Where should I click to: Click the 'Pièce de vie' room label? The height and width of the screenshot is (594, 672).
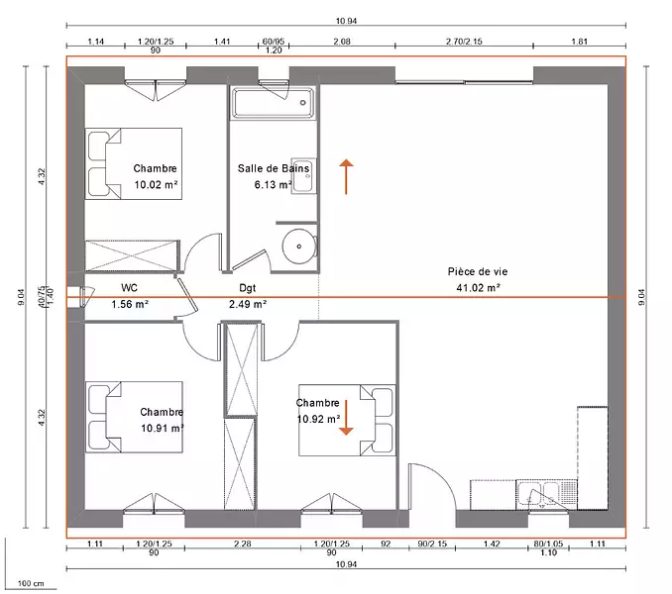[478, 271]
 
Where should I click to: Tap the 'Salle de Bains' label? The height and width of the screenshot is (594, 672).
[274, 168]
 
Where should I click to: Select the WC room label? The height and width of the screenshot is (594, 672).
[130, 287]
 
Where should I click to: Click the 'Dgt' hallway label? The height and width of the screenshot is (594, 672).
[247, 288]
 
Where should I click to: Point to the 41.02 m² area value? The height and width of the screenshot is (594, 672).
[478, 287]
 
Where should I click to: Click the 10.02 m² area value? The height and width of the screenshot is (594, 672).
[156, 184]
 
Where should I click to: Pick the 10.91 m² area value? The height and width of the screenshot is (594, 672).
[163, 428]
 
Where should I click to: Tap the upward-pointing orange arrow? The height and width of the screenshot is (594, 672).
[346, 177]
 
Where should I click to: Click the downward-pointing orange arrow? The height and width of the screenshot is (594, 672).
[346, 418]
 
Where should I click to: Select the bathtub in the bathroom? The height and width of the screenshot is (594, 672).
[273, 102]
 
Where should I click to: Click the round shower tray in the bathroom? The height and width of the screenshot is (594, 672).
[299, 247]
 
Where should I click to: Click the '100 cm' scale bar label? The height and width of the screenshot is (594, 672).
[31, 583]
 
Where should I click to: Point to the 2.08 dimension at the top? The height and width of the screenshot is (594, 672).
[342, 41]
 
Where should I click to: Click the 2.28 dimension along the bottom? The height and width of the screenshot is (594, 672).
[243, 544]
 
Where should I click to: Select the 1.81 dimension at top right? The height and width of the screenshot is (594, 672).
[579, 41]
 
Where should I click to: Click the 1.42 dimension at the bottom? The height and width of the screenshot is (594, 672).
[492, 544]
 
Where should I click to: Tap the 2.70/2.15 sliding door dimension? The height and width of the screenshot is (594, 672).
[464, 41]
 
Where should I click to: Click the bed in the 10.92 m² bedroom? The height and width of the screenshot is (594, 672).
[347, 420]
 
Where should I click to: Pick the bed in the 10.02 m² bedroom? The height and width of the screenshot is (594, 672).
[133, 163]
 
